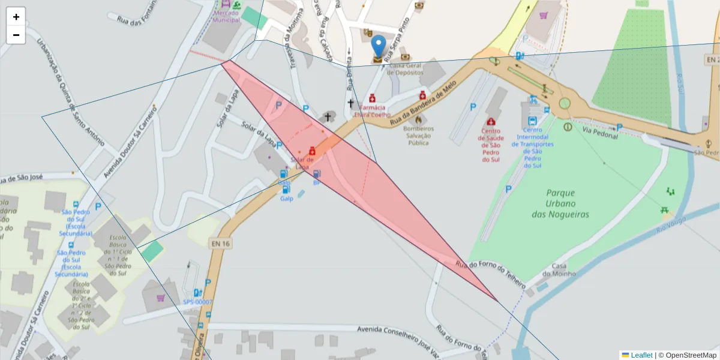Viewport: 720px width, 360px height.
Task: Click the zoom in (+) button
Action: coord(16,17)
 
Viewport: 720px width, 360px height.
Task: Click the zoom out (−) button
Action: coord(16,35)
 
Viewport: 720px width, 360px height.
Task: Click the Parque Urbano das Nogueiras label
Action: coord(560,203)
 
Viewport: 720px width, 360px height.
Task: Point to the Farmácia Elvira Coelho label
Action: coord(372,111)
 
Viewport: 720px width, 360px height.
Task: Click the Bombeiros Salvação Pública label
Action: coord(418,136)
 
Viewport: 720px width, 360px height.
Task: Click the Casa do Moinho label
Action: coord(559,270)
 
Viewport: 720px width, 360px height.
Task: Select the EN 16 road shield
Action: coord(221,243)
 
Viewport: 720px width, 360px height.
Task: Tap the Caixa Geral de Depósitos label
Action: coord(406,69)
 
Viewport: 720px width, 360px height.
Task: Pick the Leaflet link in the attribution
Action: coord(641,355)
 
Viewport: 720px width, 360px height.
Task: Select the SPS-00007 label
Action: coord(197,302)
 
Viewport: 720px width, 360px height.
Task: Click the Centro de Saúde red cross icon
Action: coord(490,122)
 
